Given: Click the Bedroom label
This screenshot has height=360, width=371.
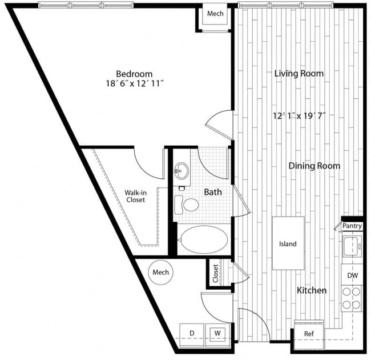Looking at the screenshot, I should [x=134, y=74].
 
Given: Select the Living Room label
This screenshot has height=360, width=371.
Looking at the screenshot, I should [x=299, y=73].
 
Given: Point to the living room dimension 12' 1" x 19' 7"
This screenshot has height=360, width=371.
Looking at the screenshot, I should [x=300, y=116].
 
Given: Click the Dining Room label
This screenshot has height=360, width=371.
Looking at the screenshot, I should [x=314, y=166].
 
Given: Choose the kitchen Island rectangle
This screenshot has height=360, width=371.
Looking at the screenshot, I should [x=288, y=243].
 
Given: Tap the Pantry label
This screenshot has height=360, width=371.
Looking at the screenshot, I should [x=352, y=226].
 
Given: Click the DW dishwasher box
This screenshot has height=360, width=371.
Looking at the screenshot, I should [x=353, y=275].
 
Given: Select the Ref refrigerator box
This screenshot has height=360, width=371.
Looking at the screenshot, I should [x=308, y=334].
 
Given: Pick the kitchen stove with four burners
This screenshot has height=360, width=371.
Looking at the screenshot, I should [x=352, y=298].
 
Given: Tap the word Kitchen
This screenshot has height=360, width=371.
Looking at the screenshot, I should [x=312, y=290].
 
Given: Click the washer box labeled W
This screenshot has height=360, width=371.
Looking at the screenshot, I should [x=217, y=333].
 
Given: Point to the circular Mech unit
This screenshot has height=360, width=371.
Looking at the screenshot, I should [x=161, y=273].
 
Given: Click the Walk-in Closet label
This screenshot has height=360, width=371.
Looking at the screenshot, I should [x=135, y=197].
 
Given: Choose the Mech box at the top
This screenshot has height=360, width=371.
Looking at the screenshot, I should [x=215, y=14].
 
